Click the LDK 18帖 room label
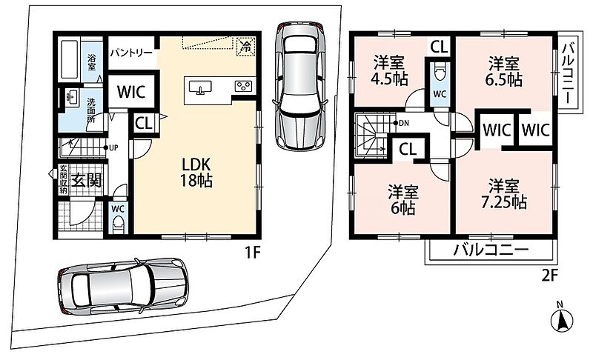point(196,173)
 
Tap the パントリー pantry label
point(131,53)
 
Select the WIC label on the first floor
point(131,92)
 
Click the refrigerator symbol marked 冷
point(246,47)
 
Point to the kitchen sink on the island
point(200,87)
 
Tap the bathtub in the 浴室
point(70,59)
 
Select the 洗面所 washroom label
point(91,110)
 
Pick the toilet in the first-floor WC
point(119,225)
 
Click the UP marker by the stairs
point(110,147)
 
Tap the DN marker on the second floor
point(401,123)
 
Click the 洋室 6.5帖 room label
point(504,71)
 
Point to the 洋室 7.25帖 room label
point(504,194)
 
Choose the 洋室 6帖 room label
point(402,199)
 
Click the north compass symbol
point(562,319)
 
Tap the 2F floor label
point(549,276)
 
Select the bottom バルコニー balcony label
point(491,250)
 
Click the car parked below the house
point(123,287)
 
